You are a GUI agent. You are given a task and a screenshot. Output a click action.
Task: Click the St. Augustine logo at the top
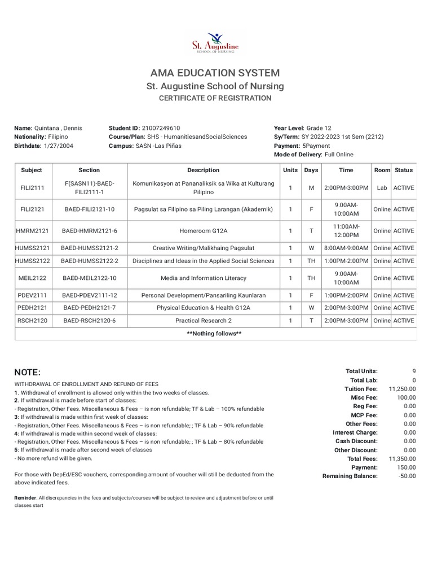pos(216,42)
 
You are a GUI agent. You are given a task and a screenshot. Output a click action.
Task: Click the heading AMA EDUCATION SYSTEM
pos(215,73)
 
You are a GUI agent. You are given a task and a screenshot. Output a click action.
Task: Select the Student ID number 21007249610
pos(161,128)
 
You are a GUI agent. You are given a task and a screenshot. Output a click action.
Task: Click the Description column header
pos(203,170)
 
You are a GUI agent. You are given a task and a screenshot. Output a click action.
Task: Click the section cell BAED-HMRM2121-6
pos(89,231)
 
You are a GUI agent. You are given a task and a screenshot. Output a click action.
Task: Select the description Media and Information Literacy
pos(203,278)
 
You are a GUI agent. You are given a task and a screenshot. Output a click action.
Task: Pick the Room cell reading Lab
pos(382,188)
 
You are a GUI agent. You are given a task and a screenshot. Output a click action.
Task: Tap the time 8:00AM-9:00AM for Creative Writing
pos(346,248)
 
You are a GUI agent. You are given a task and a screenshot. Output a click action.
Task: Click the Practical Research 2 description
pos(203,321)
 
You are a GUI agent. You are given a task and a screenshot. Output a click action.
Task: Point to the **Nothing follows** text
pos(214,334)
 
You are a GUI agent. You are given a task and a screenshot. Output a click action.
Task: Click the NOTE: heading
pos(28,373)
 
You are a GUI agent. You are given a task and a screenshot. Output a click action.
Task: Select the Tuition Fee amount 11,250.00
pos(403,389)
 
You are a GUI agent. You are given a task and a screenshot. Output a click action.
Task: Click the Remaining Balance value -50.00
pos(406,476)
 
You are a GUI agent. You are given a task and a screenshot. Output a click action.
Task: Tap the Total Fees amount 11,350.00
pos(403,459)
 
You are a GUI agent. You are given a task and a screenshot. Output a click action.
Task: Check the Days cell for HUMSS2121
pos(311,248)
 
